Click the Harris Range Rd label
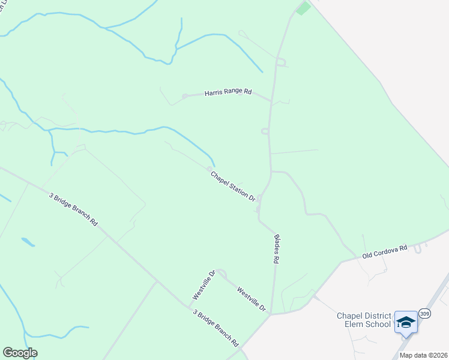pyautogui.click(x=228, y=92)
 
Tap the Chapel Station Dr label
pyautogui.click(x=233, y=185)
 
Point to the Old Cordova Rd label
pyautogui.click(x=385, y=251)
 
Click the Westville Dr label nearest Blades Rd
pyautogui.click(x=251, y=299)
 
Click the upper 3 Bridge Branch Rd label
pyautogui.click(x=73, y=209)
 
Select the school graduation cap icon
pyautogui.click(x=406, y=322)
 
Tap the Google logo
pyautogui.click(x=20, y=353)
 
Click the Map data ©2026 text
pyautogui.click(x=423, y=355)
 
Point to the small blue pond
pyautogui.click(x=28, y=242)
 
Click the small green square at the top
pyautogui.click(x=303, y=8)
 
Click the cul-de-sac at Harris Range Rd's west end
pyautogui.click(x=185, y=96)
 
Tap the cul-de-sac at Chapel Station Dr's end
pyautogui.click(x=209, y=169)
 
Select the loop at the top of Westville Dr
pyautogui.click(x=221, y=274)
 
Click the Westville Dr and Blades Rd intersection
pyautogui.click(x=271, y=313)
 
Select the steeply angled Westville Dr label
pyautogui.click(x=203, y=285)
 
